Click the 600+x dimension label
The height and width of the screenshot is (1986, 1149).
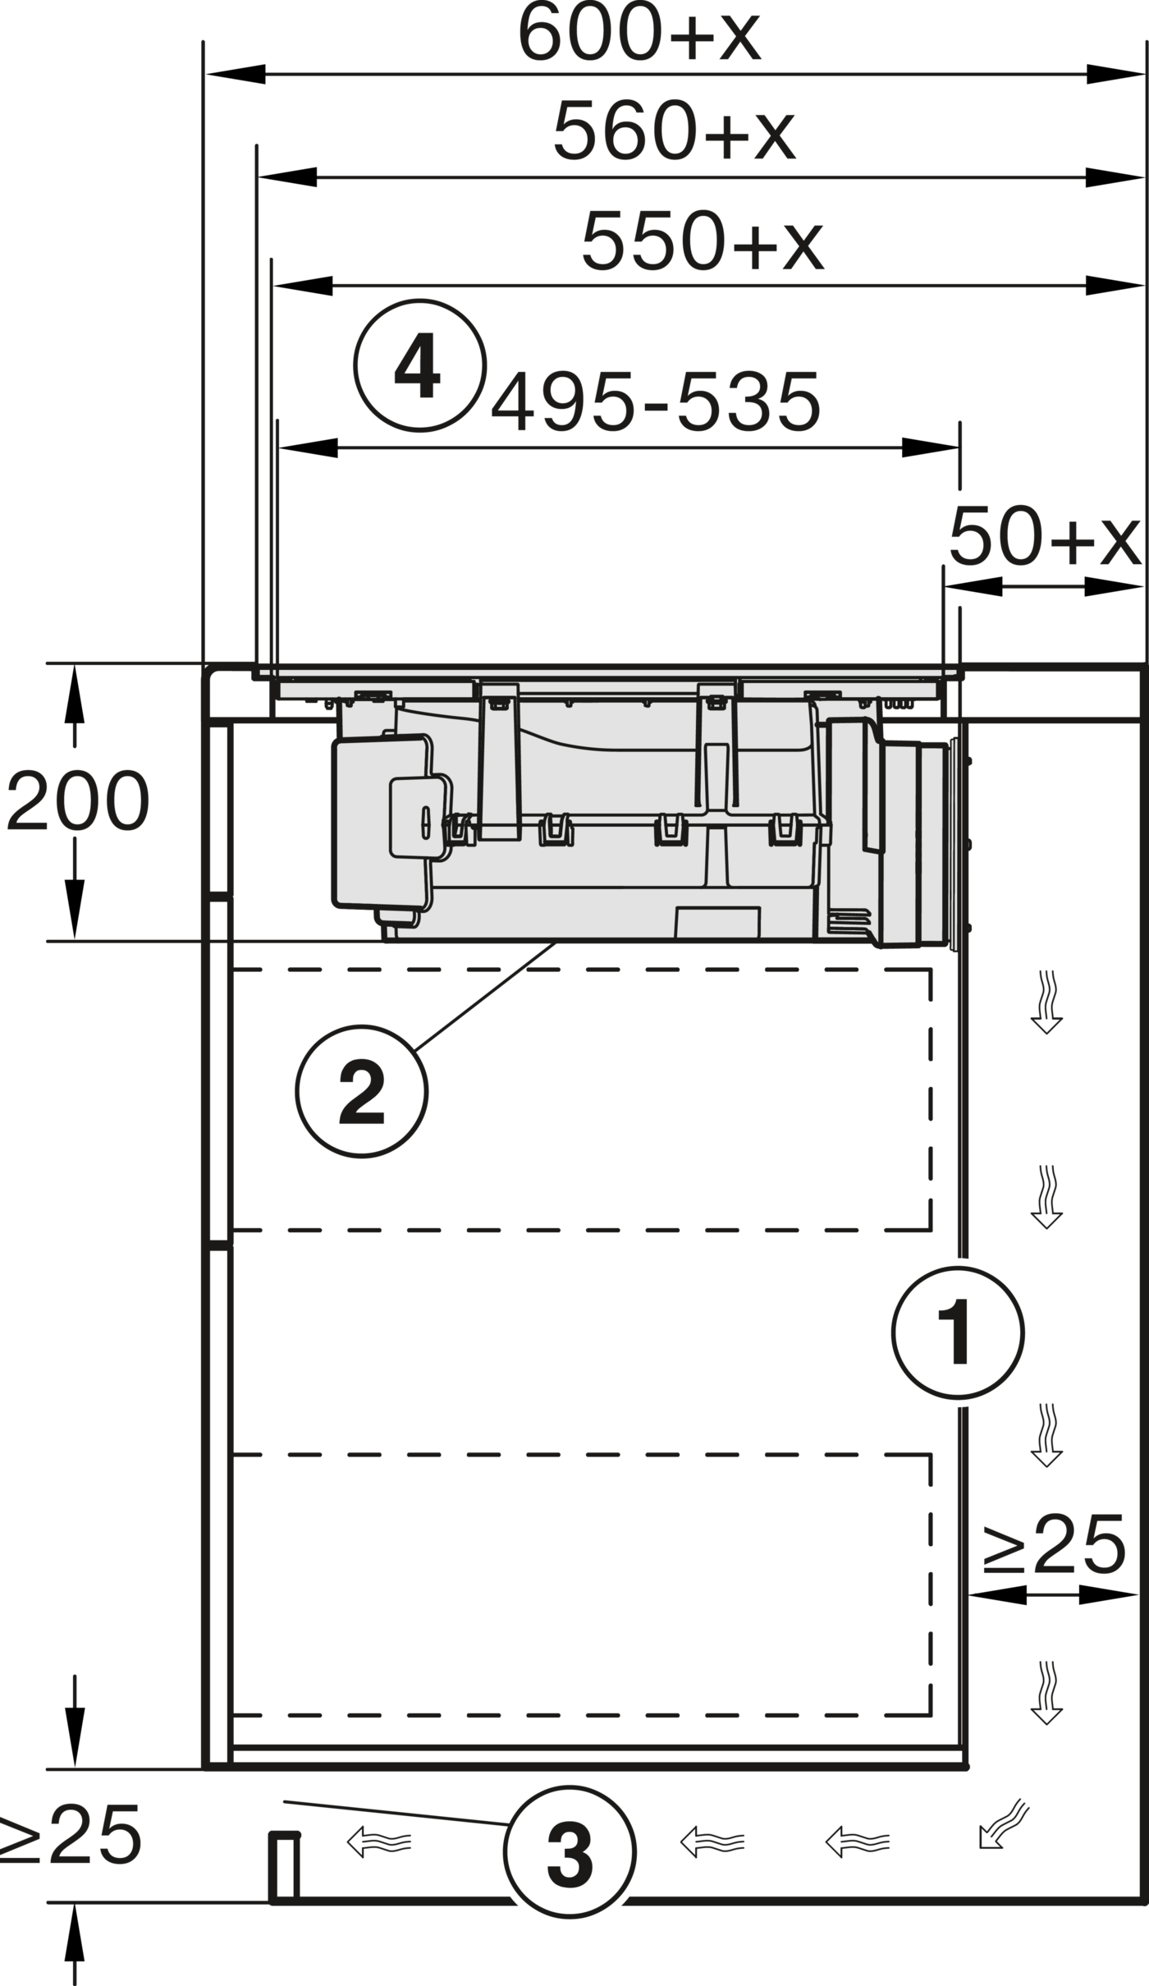(x=639, y=34)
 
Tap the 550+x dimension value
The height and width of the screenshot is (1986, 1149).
(x=702, y=241)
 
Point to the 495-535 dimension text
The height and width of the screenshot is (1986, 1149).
(x=656, y=401)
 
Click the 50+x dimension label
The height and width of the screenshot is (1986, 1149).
(x=1045, y=536)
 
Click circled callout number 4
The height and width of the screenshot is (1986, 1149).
(x=419, y=365)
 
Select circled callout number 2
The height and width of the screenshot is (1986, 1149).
(x=362, y=1091)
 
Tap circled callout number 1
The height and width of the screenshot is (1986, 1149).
(x=958, y=1332)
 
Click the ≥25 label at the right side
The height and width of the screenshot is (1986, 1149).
(x=1054, y=1544)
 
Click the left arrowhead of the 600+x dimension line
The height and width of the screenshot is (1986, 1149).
(x=236, y=74)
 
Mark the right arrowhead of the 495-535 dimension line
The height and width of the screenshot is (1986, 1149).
(x=931, y=447)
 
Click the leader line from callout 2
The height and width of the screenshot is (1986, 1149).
(x=485, y=998)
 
